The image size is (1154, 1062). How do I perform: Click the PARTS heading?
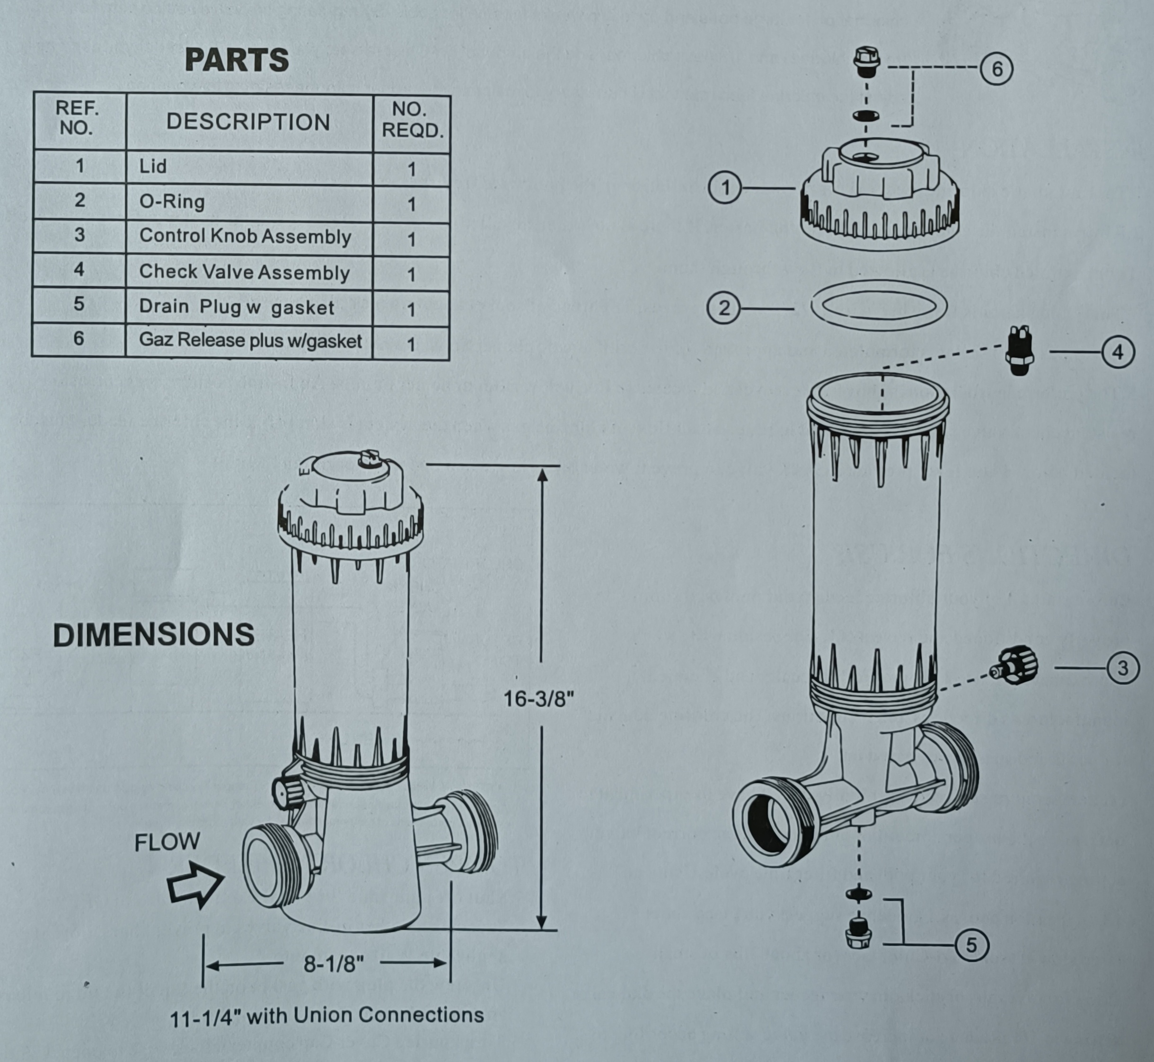pyautogui.click(x=237, y=60)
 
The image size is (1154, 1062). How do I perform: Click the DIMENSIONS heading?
pyautogui.click(x=153, y=635)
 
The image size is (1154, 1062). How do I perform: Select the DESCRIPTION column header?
pyautogui.click(x=248, y=123)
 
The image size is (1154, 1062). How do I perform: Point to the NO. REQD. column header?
pyautogui.click(x=412, y=120)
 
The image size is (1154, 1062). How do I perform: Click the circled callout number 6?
pyautogui.click(x=996, y=70)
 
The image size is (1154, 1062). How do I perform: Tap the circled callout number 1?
pyautogui.click(x=725, y=188)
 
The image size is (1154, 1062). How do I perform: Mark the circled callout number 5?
pyautogui.click(x=971, y=945)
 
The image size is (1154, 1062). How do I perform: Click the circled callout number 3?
pyautogui.click(x=1122, y=668)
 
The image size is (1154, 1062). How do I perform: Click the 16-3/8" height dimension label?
pyautogui.click(x=538, y=699)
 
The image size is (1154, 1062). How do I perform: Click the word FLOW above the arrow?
pyautogui.click(x=167, y=843)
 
